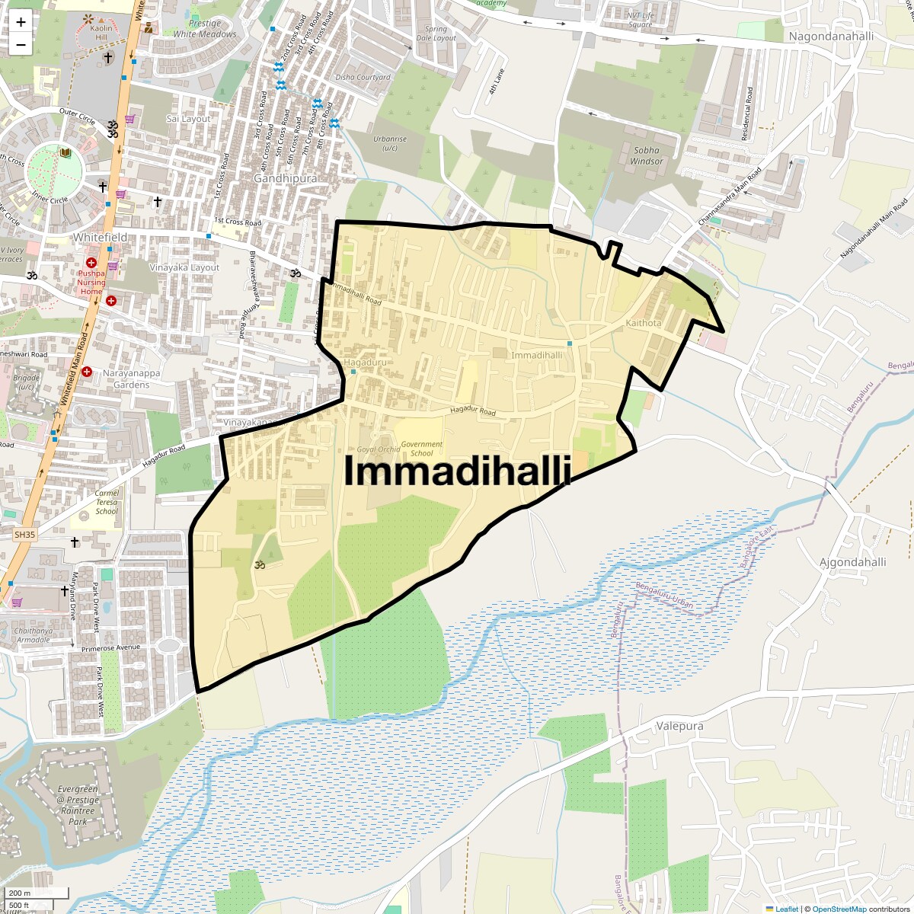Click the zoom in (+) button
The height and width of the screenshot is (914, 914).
[x=21, y=22]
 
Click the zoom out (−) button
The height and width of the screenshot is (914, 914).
[x=21, y=44]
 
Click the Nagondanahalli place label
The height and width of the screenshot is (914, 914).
[x=831, y=37]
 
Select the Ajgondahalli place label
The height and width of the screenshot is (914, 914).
[x=852, y=562]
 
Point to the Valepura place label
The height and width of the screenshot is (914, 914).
[x=679, y=726]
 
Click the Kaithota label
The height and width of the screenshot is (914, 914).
[x=644, y=323]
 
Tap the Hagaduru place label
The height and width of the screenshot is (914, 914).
[x=365, y=363]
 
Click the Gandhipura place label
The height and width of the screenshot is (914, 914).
[x=285, y=177]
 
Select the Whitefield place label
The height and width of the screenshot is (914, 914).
[x=100, y=238]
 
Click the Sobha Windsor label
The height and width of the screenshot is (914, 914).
[x=647, y=155]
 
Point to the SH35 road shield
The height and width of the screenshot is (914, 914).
[x=24, y=535]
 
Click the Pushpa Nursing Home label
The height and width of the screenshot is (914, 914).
[x=91, y=282]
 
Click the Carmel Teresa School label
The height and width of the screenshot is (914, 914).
[x=107, y=502]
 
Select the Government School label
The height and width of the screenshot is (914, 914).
[x=421, y=449]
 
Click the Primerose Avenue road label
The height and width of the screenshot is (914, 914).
[x=111, y=648]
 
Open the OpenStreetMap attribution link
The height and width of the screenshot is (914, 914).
[x=839, y=909]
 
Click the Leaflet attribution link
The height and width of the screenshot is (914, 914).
[x=787, y=909]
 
